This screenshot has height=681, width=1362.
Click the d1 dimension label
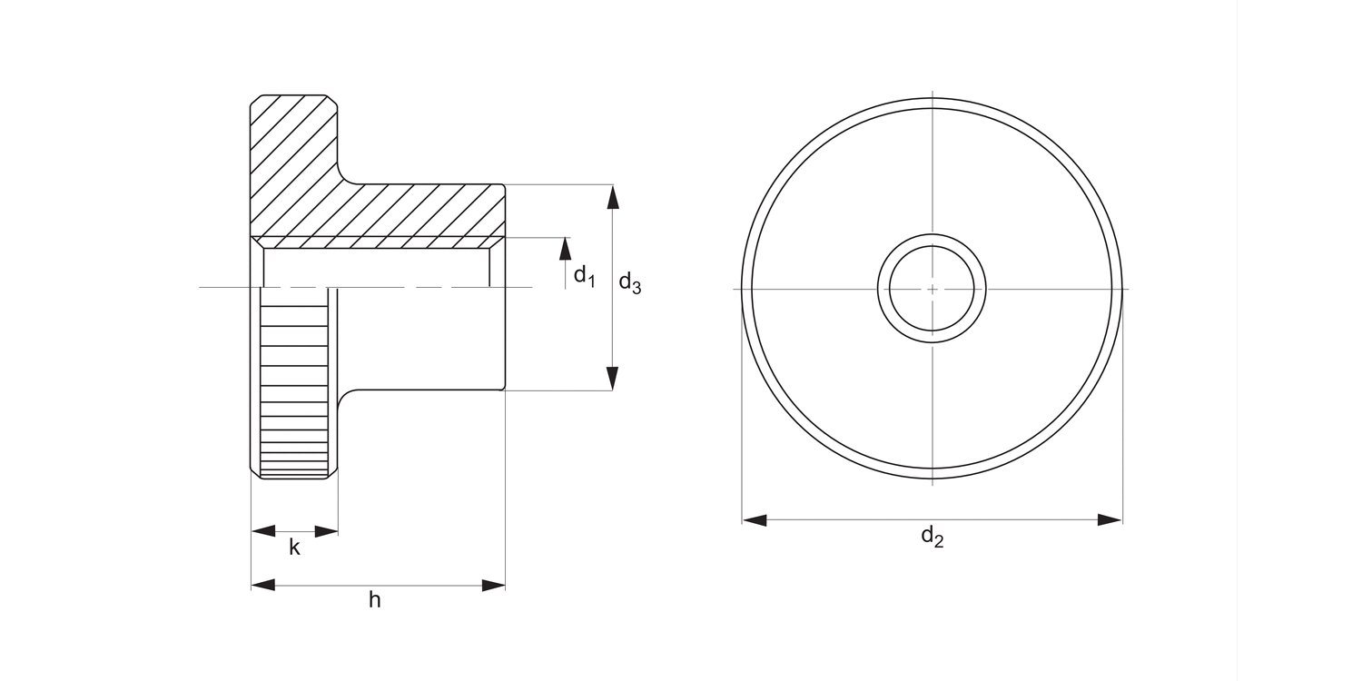coord(584,275)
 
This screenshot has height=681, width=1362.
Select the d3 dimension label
coord(630,283)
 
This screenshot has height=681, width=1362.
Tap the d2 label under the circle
coord(933,537)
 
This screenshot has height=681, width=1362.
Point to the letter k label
coord(294,548)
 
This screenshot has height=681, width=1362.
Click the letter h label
coord(375,600)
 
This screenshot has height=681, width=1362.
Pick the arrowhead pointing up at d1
coord(566,249)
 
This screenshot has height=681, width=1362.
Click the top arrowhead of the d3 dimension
coord(613,197)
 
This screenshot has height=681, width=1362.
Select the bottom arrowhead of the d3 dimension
coord(613,379)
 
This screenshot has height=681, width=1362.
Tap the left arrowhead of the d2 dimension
coord(755,520)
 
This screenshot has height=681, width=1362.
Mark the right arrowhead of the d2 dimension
coord(1110,520)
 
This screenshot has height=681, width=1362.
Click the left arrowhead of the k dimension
coord(263,531)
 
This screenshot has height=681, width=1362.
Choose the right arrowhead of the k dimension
coord(326,531)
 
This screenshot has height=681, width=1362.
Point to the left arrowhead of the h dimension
coord(263,586)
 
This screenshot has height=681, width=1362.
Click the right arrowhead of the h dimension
coord(493,586)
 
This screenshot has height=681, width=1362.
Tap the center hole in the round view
coord(933,289)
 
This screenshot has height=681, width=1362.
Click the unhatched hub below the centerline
coord(422,340)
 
